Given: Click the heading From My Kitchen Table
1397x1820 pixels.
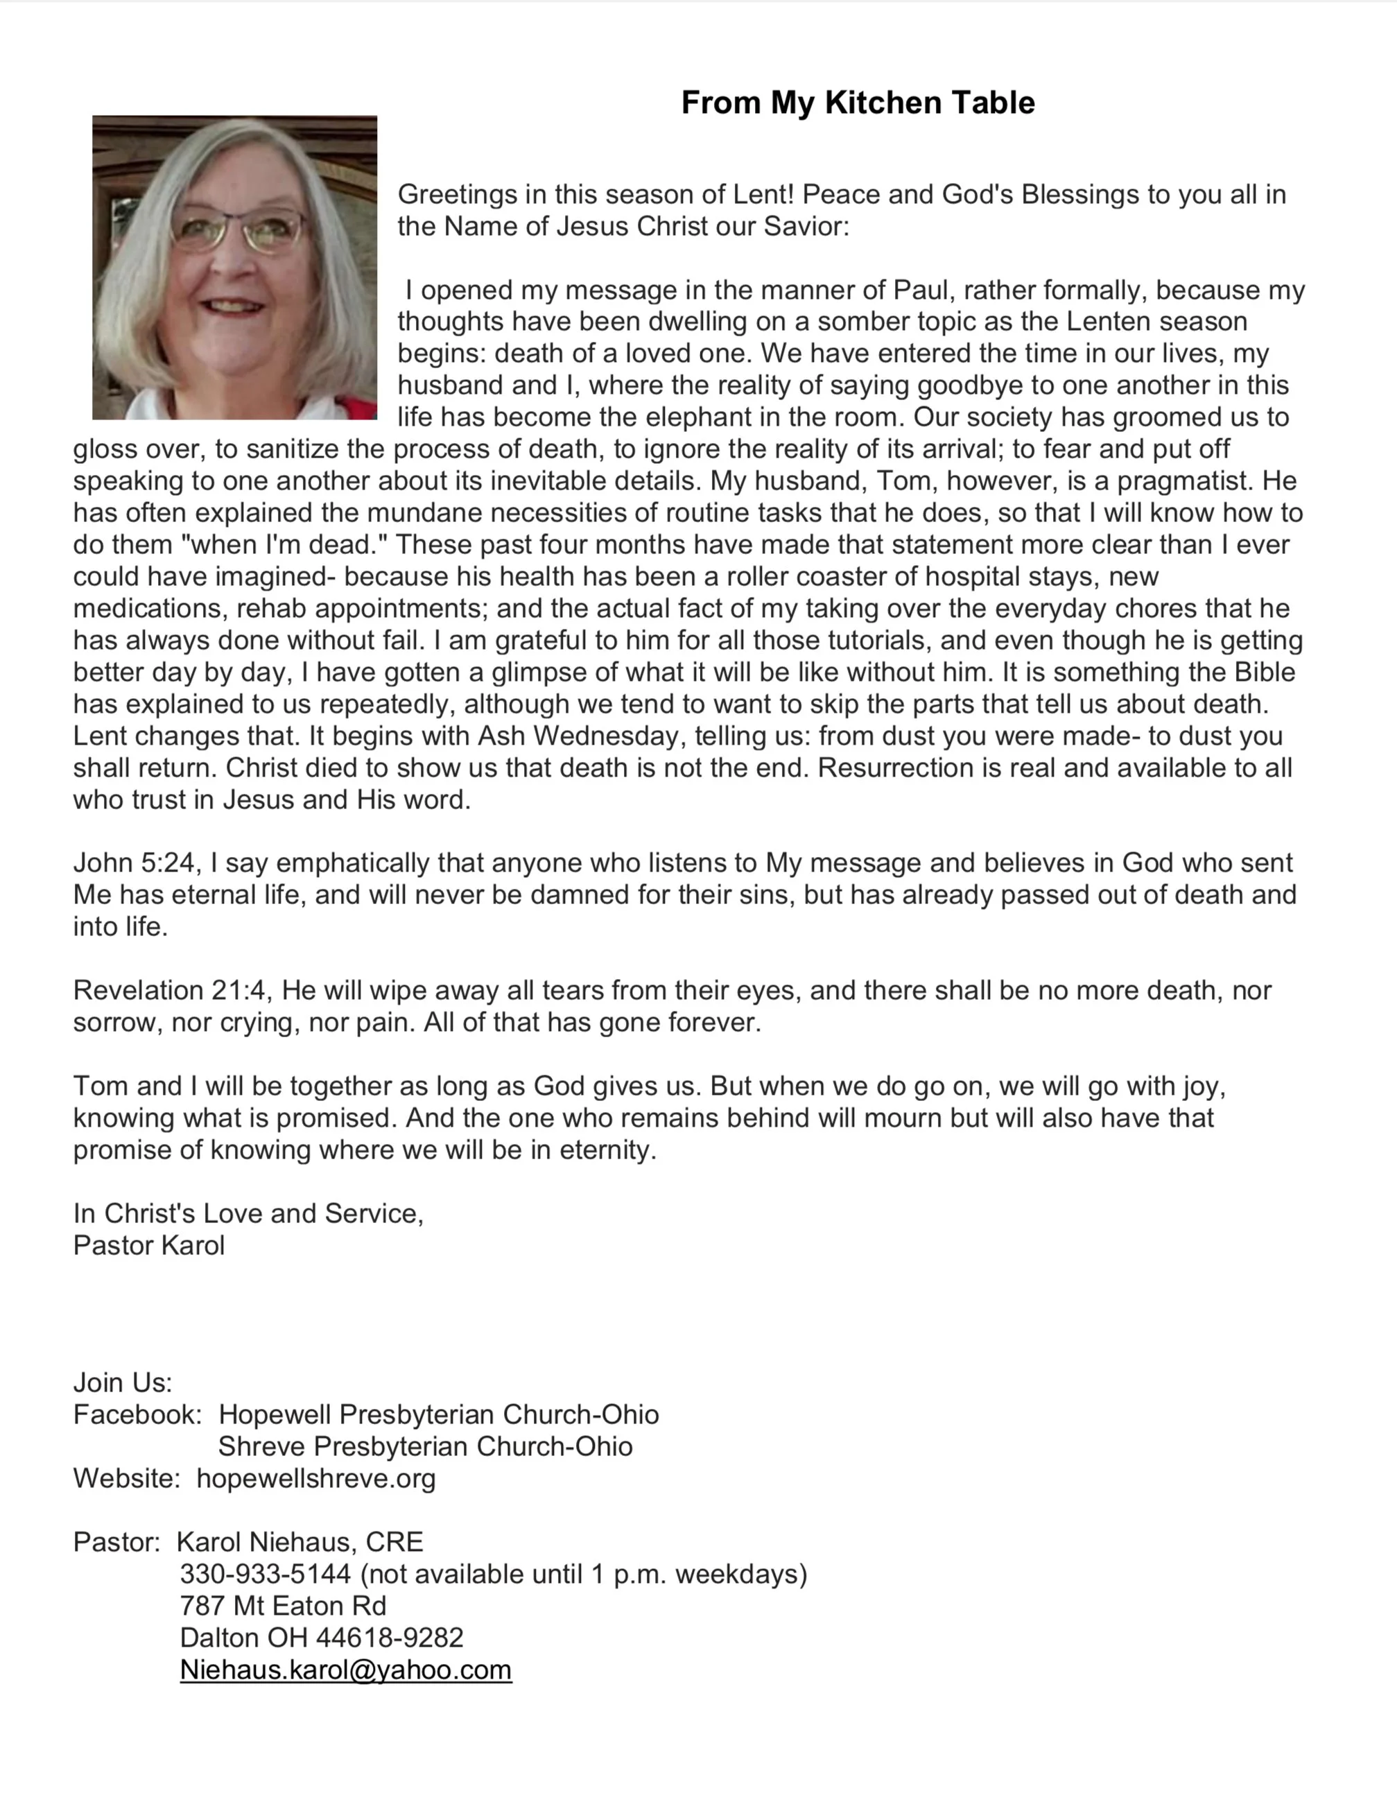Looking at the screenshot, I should click(x=858, y=102).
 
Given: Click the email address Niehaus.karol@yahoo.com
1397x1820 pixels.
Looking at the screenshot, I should click(x=345, y=1670).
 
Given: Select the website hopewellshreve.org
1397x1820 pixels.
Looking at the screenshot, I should click(x=316, y=1478).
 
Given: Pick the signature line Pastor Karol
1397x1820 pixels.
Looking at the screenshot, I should click(x=149, y=1245).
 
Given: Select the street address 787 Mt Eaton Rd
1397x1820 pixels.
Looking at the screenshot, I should click(x=283, y=1606).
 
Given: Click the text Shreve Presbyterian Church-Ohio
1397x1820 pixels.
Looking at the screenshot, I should click(x=425, y=1447).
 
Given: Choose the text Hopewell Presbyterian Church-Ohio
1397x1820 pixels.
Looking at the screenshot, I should click(x=438, y=1414).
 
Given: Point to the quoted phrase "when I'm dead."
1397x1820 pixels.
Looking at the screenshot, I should click(x=284, y=544).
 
